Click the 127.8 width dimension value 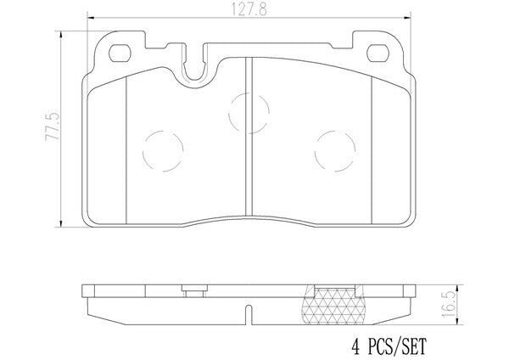click(x=249, y=9)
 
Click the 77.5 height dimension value click(x=53, y=126)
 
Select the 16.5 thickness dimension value click(x=448, y=305)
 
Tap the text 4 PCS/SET click(x=389, y=346)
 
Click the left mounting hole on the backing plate click(x=120, y=53)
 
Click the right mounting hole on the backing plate click(x=378, y=53)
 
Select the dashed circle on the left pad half click(x=163, y=151)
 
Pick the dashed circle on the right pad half click(x=335, y=151)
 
